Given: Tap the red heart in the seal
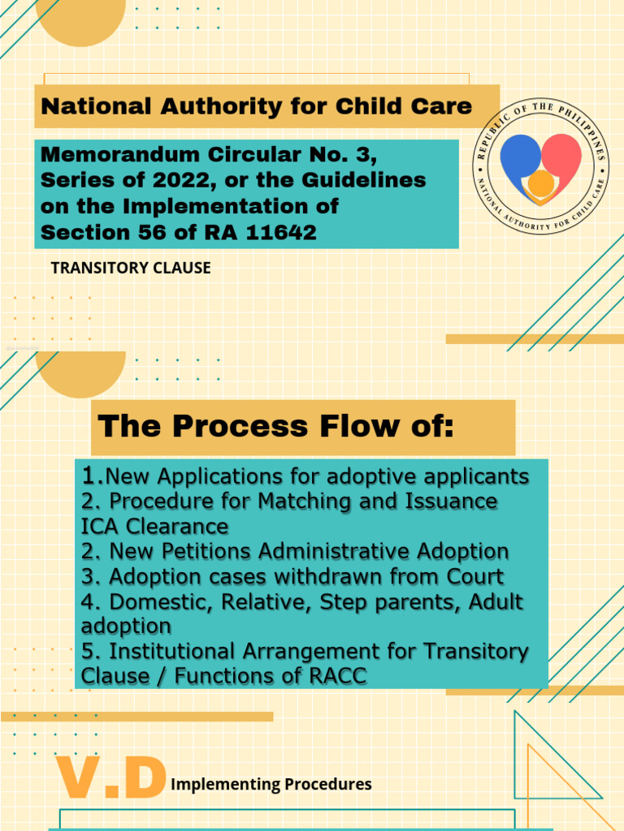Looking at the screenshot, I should [562, 156].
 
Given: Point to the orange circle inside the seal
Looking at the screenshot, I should [540, 185].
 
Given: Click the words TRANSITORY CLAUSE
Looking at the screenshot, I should [131, 268].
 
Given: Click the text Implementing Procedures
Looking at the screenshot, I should [271, 784].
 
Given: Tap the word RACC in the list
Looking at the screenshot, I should [335, 676].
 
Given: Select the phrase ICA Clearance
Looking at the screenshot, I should [155, 526].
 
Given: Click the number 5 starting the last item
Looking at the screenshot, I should [88, 651].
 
